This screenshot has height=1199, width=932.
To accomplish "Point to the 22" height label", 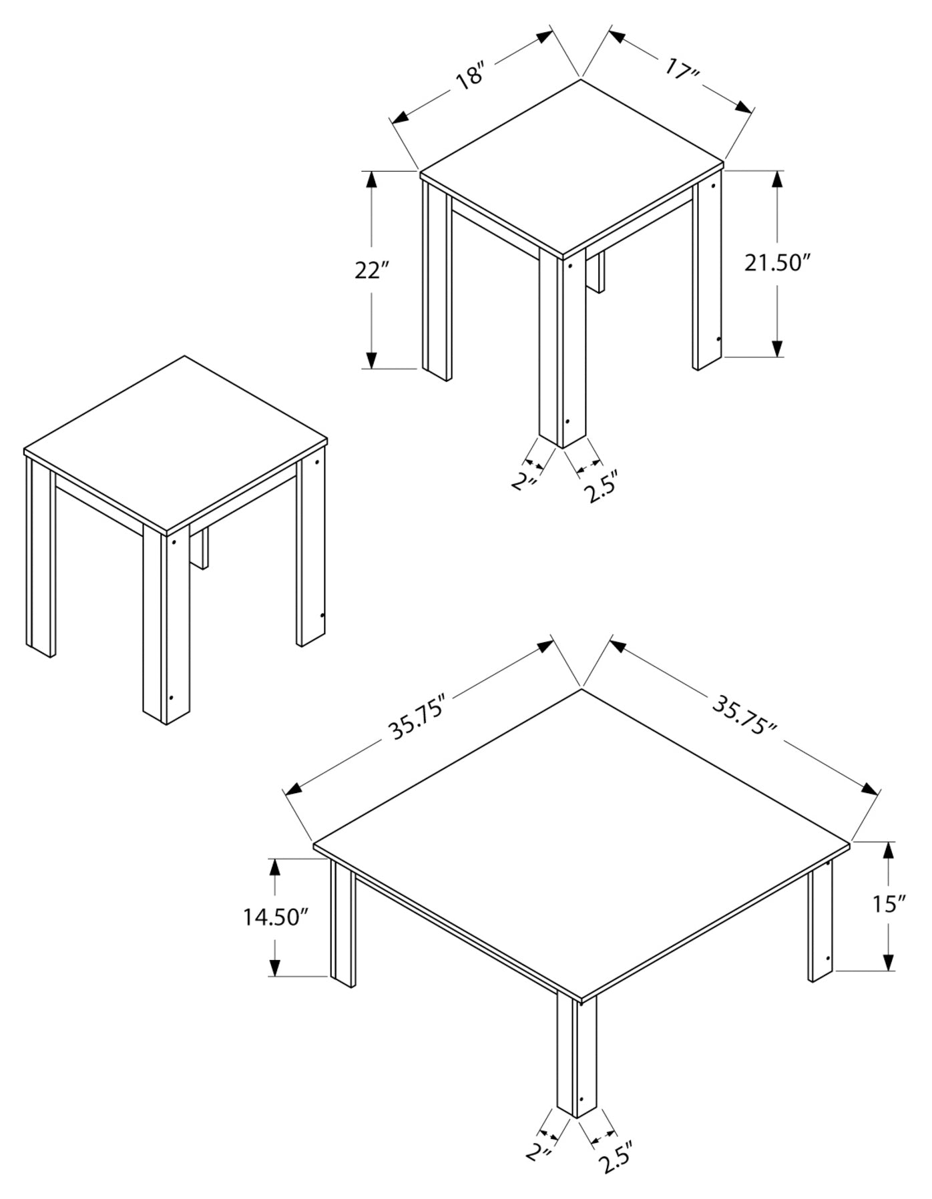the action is (x=373, y=270).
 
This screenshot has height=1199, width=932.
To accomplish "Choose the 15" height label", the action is (x=889, y=904).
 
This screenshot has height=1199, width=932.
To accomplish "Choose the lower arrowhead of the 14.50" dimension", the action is (x=274, y=968).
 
